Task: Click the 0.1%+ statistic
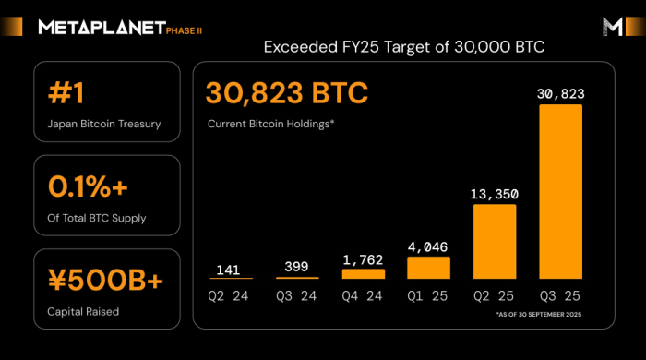(x=90, y=186)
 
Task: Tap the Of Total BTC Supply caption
(x=96, y=217)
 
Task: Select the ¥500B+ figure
(x=104, y=280)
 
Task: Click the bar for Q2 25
(x=495, y=241)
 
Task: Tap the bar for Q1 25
(x=429, y=268)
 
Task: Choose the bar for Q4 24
(x=364, y=273)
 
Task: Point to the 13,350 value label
(x=495, y=195)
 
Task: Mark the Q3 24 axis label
(x=297, y=297)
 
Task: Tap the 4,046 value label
(x=429, y=247)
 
